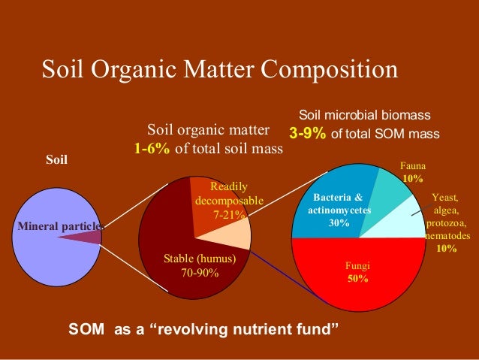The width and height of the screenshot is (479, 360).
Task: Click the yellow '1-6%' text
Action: pos(152,148)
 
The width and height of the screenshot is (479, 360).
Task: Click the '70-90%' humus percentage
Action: pos(200,272)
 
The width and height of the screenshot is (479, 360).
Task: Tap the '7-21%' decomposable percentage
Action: pos(229,215)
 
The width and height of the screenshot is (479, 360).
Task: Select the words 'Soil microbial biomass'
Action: pos(365,116)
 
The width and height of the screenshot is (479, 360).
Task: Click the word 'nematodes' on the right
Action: pos(447,235)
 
